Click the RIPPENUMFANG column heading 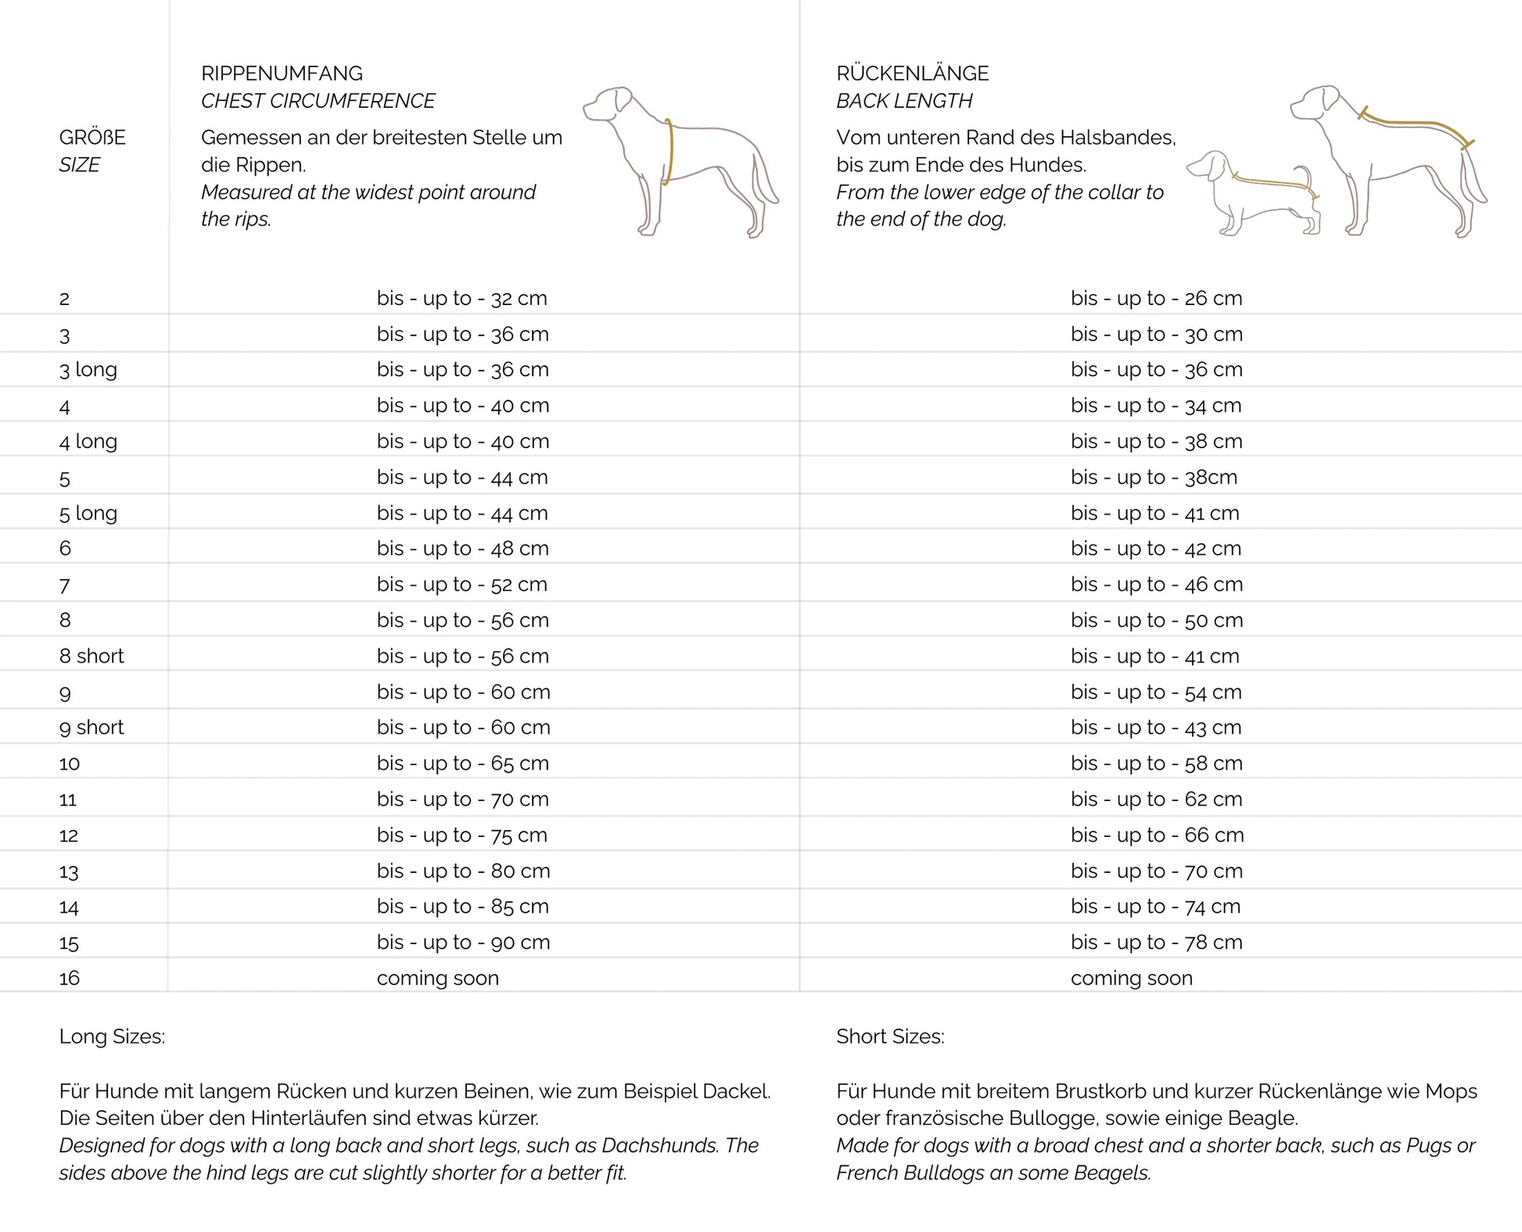(x=282, y=74)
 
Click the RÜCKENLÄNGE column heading (x=912, y=74)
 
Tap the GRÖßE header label (x=92, y=138)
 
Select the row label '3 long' (x=88, y=369)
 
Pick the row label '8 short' (x=92, y=656)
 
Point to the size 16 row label (x=70, y=978)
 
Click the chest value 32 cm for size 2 (x=461, y=298)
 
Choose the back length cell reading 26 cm (x=1156, y=298)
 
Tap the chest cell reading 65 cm (x=462, y=763)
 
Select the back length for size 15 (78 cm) (x=1156, y=943)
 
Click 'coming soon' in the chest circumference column (x=437, y=978)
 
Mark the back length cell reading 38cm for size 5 (x=1154, y=477)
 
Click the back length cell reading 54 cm (x=1156, y=692)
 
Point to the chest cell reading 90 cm (x=463, y=943)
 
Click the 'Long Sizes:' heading (x=112, y=1036)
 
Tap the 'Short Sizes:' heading (x=890, y=1036)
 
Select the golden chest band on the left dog (x=669, y=153)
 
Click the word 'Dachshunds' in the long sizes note (x=659, y=1145)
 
